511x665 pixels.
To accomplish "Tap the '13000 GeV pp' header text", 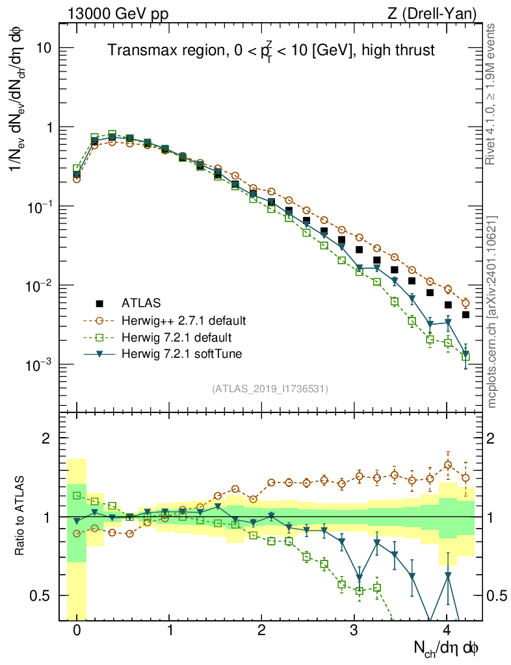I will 109,14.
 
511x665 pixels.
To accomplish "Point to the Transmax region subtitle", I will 270,51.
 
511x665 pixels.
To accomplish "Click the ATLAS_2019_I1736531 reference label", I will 270,389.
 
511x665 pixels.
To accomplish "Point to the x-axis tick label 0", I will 77,630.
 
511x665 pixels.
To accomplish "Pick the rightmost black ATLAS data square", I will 465,315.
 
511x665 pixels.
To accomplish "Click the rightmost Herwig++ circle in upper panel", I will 465,303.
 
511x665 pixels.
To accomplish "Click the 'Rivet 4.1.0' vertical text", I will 492,97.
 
